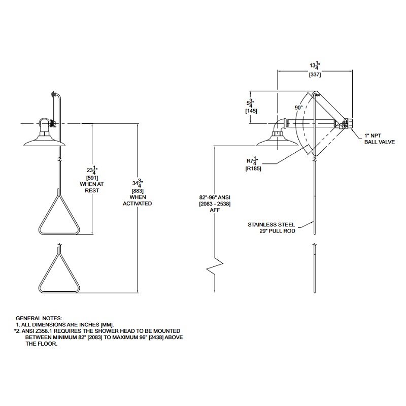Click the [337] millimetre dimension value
(x=315, y=75)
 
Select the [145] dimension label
(x=251, y=111)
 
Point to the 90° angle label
(x=298, y=108)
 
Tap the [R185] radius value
(x=253, y=168)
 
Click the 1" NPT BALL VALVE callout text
(x=380, y=139)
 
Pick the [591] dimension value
(x=92, y=178)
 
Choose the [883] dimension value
(x=138, y=191)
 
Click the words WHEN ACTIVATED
(x=137, y=200)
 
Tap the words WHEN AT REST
(x=92, y=187)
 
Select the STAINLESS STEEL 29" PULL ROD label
(x=272, y=228)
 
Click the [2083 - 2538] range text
(x=215, y=204)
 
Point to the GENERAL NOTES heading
(x=39, y=318)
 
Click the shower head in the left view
(x=45, y=141)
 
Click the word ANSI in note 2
(x=28, y=331)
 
